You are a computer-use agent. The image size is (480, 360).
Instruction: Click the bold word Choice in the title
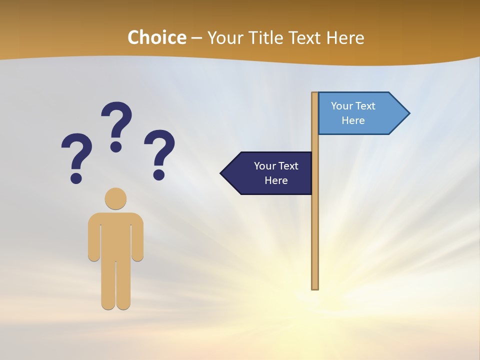(x=156, y=37)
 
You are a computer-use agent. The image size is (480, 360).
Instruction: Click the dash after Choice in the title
(x=196, y=38)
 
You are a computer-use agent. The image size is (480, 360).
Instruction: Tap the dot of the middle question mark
(x=116, y=146)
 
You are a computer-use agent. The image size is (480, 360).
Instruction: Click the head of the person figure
(x=115, y=198)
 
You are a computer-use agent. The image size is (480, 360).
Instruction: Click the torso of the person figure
(x=115, y=235)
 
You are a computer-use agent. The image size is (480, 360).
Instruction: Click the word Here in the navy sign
(x=276, y=180)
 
